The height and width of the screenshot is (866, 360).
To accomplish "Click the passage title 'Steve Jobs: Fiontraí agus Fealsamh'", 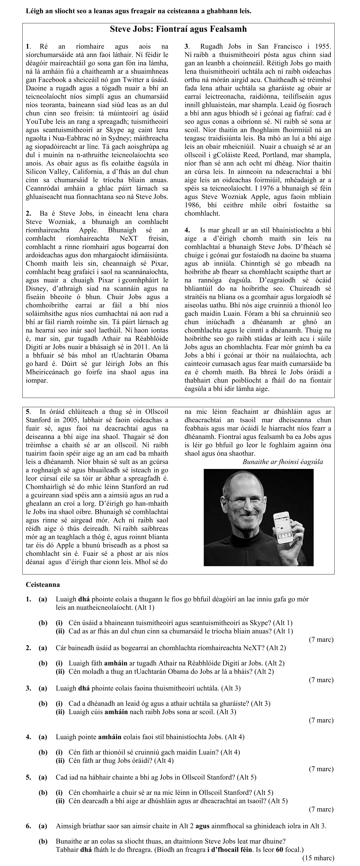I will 178,29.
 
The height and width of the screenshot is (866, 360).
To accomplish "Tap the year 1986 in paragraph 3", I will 192,205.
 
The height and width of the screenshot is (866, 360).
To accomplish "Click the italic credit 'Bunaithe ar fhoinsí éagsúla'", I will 282,462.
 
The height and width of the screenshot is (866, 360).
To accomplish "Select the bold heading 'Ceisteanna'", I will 43,584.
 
